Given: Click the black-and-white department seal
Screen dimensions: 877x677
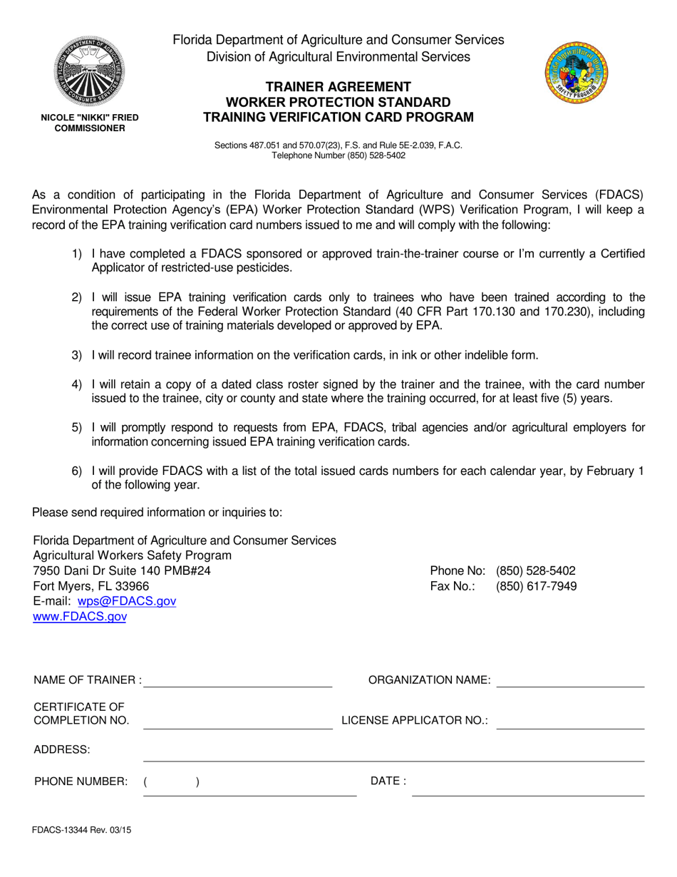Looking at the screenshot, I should pyautogui.click(x=89, y=71).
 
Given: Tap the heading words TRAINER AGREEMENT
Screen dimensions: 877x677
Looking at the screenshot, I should pyautogui.click(x=338, y=87).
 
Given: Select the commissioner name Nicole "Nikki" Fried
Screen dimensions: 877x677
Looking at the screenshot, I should pyautogui.click(x=89, y=117).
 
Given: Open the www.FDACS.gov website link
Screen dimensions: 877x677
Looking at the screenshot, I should pyautogui.click(x=80, y=617).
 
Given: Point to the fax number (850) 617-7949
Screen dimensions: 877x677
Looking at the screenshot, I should pyautogui.click(x=536, y=586).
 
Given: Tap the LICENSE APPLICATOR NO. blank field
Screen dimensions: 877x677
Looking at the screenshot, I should pyautogui.click(x=570, y=722).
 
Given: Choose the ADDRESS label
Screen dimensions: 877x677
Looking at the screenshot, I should pyautogui.click(x=62, y=749).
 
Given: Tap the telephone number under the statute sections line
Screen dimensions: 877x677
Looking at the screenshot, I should pyautogui.click(x=338, y=155).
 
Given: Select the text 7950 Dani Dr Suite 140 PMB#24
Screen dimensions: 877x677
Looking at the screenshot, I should pyautogui.click(x=122, y=570).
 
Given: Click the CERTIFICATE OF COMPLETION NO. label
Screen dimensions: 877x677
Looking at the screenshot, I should pyautogui.click(x=81, y=713).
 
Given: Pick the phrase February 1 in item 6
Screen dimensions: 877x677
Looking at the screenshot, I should pyautogui.click(x=618, y=471).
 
